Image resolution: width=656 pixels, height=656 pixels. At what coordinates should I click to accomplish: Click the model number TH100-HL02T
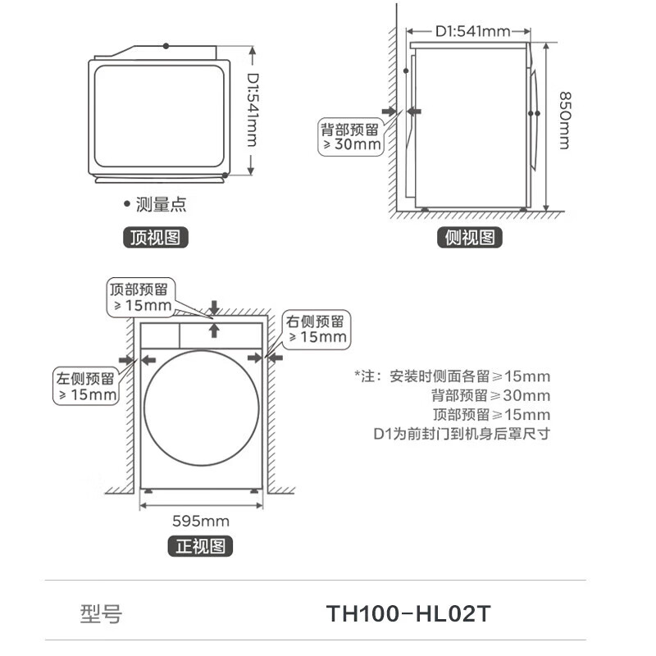(408, 613)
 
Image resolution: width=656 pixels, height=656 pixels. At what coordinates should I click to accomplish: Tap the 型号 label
(101, 614)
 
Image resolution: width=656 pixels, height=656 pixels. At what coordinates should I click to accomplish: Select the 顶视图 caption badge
(156, 238)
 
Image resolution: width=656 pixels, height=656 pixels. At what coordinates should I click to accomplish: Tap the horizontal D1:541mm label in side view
(472, 31)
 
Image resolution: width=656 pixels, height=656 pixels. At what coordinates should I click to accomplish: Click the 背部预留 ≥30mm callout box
(350, 137)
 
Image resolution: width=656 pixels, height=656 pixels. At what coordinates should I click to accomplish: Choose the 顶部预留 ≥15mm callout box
(140, 298)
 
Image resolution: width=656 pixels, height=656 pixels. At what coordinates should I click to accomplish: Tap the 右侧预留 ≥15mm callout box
(316, 328)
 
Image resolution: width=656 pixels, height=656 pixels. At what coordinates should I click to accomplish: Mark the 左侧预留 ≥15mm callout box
(85, 386)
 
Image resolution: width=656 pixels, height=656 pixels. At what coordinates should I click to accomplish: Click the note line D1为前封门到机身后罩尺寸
(461, 433)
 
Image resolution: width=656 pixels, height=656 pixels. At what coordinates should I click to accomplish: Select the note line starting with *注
(453, 376)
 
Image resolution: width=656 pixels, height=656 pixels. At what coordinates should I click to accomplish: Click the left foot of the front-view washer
(148, 490)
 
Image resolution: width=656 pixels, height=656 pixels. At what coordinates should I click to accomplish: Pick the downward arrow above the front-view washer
(214, 307)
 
